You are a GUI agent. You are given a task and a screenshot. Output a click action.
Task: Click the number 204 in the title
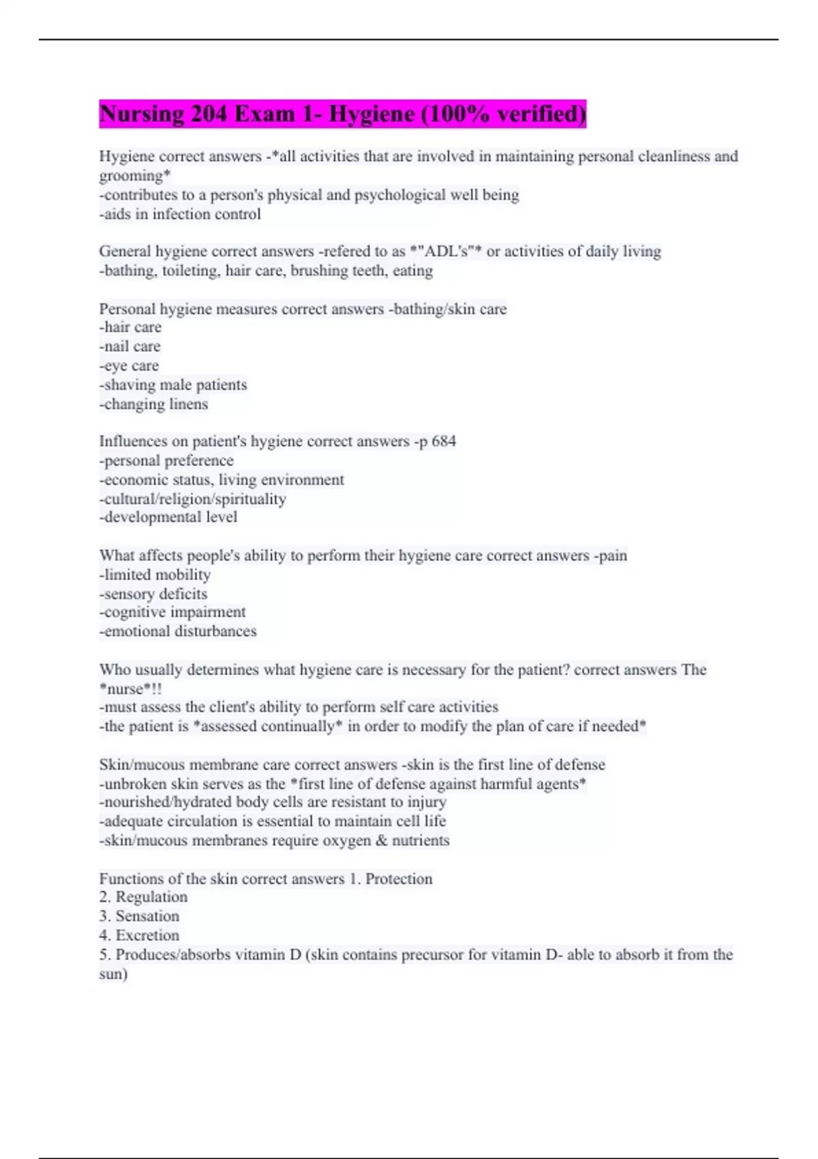coord(209,113)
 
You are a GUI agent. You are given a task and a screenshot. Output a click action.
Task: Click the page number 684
coord(444,441)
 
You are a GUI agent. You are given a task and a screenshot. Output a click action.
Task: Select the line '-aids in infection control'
coord(180,214)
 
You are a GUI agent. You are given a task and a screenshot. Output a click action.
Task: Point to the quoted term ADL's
coord(446,252)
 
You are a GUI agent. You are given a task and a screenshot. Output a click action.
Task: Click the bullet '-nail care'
coord(130,346)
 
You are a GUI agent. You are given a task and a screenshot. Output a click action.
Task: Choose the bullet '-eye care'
coord(129,365)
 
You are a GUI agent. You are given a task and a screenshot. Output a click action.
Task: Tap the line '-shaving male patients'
coord(173,385)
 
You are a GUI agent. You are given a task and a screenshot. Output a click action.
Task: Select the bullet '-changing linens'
coord(153,404)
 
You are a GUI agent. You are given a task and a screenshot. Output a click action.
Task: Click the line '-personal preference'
coord(166,460)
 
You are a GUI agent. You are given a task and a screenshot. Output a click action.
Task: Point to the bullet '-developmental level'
coord(168,517)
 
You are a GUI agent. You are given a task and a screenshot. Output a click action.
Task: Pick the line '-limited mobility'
coord(155,575)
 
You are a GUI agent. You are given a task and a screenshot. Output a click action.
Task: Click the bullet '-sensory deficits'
coord(153,594)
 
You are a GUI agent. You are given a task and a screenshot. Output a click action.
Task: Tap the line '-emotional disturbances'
coord(178,631)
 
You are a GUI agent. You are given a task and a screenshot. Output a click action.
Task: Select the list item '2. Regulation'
coord(143,897)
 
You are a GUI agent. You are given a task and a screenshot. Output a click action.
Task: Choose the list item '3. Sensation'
coord(139,916)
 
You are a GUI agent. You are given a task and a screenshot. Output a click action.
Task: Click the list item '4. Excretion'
coord(139,935)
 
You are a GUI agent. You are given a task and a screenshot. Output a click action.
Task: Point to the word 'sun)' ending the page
coord(113,974)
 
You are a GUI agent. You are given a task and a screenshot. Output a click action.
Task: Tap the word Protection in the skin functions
coord(399,879)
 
